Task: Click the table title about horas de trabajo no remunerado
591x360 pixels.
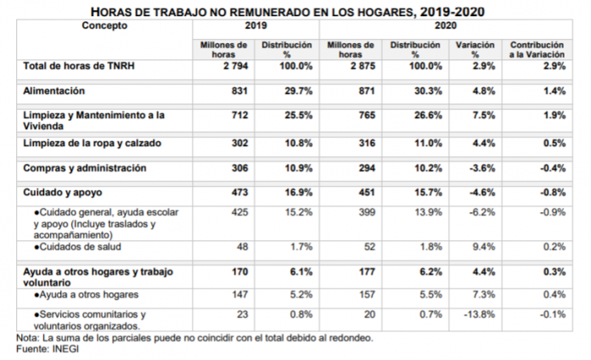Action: click(x=295, y=12)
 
